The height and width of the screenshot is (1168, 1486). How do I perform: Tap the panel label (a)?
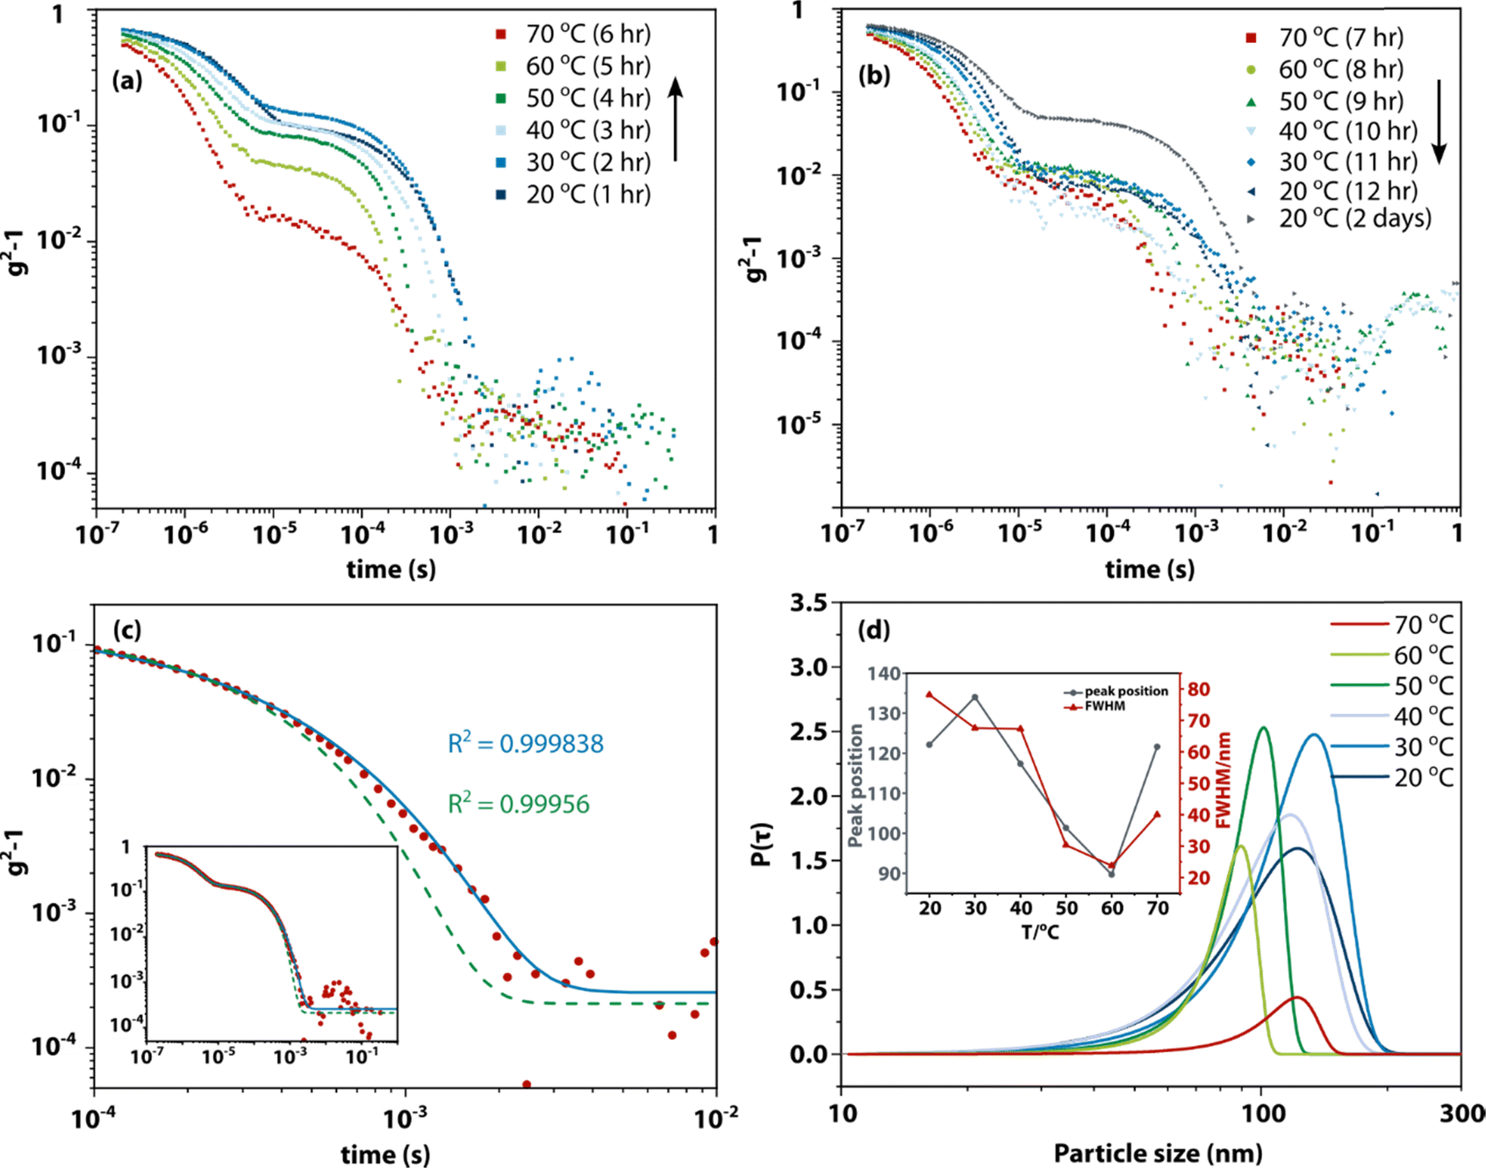pos(127,81)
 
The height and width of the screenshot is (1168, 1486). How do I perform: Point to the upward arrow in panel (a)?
pos(675,119)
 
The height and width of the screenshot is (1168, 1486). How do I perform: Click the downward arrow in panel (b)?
pos(1439,122)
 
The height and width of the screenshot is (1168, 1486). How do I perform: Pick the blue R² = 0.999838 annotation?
pos(526,744)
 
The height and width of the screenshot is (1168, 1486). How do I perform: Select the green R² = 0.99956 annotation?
pos(519,804)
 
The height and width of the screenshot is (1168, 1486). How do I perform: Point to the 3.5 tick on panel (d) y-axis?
pos(808,603)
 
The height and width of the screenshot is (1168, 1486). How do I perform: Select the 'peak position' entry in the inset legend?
pos(1124,691)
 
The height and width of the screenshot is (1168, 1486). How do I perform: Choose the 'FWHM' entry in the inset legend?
pos(1104,705)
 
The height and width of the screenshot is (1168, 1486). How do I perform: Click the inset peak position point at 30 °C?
pos(974,697)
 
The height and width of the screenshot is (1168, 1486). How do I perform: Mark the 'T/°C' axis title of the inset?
pos(1039,932)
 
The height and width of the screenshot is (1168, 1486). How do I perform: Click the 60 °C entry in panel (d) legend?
pos(1423,656)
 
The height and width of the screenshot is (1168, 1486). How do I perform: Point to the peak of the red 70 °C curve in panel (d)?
pos(1297,998)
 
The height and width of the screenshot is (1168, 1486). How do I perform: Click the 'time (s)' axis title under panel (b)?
pos(1150,569)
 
